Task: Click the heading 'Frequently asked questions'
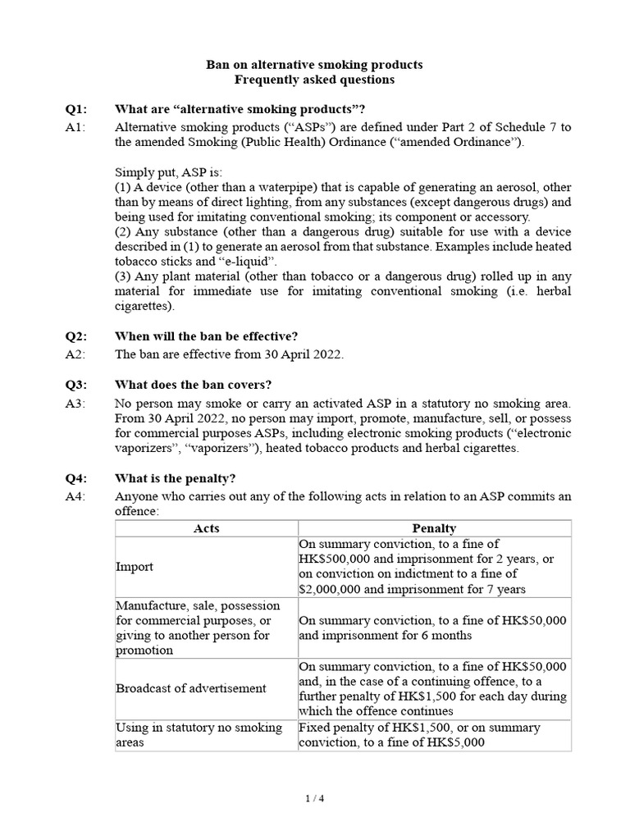coord(314,80)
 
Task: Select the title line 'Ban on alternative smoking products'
coord(314,64)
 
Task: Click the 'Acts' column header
coord(206,528)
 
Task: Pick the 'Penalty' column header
coord(434,528)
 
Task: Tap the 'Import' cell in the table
coord(135,567)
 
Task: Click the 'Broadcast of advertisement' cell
coord(191,688)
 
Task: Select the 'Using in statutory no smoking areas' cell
coord(199,735)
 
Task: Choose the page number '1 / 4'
coord(314,797)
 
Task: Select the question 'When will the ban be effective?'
coord(206,336)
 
